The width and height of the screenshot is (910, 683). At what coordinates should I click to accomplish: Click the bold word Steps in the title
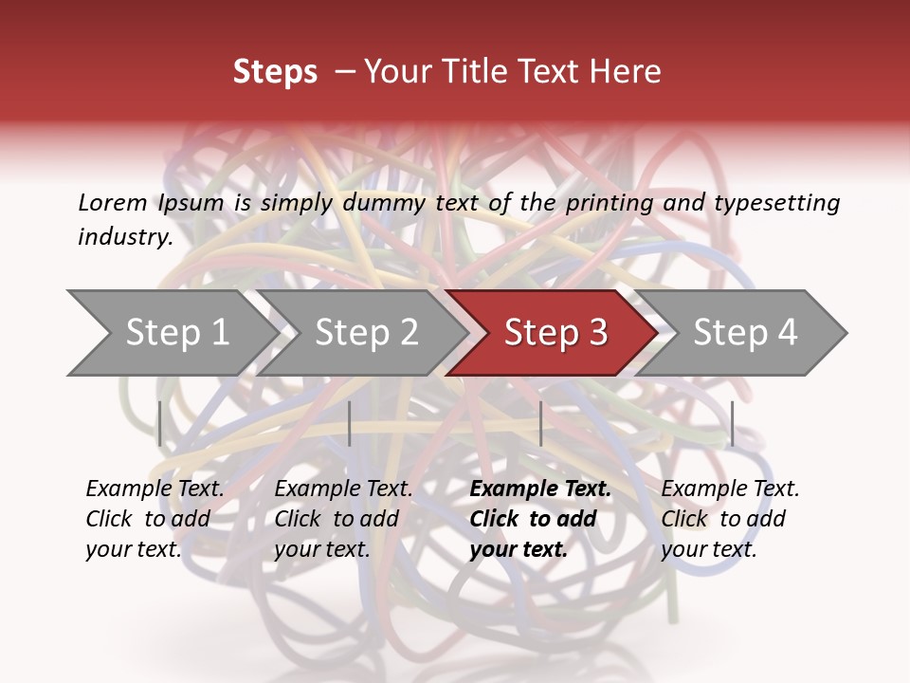275,72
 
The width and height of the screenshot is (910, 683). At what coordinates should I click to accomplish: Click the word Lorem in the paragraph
112,203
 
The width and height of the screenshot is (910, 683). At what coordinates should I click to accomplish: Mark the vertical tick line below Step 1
160,423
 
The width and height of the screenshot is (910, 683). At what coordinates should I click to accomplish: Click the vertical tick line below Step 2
350,423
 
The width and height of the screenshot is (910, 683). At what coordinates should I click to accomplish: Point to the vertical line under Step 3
540,423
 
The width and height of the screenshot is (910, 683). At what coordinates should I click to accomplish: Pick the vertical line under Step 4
732,423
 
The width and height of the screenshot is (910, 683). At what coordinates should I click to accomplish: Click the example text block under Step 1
155,519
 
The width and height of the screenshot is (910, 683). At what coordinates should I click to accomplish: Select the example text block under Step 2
343,519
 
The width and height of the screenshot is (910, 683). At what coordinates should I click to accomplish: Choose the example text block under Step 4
730,519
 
